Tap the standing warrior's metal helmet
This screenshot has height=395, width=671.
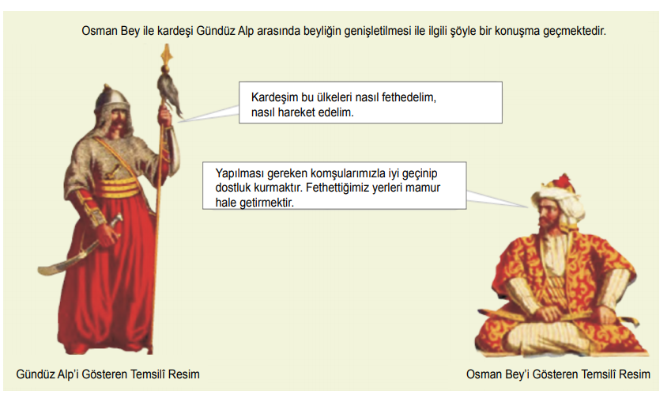pos(111,97)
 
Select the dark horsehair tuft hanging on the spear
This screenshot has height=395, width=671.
pos(169,95)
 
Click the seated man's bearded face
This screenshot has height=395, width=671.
pos(548,215)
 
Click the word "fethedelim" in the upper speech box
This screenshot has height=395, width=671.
pos(409,97)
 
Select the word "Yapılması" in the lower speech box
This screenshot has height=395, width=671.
pos(239,173)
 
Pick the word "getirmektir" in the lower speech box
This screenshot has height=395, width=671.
pos(266,203)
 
